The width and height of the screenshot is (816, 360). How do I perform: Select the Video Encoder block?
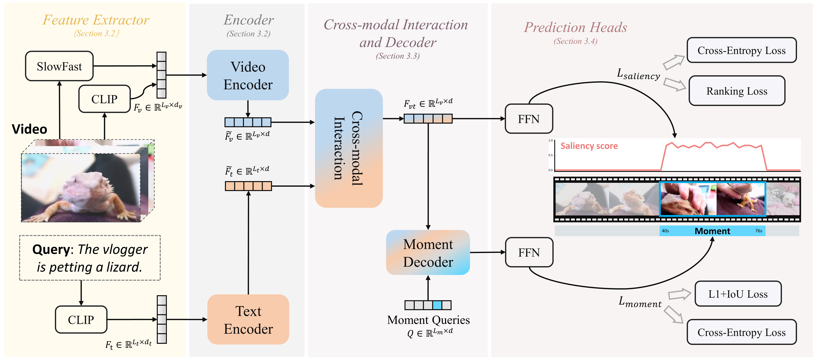tap(248, 75)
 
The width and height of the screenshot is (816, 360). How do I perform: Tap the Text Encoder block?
tap(248, 320)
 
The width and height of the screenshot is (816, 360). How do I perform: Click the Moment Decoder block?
tap(428, 253)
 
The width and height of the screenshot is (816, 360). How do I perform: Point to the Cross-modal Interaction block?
tap(349, 148)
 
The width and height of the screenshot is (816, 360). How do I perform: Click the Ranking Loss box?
tap(737, 91)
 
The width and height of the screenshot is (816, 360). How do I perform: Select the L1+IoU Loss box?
tap(738, 294)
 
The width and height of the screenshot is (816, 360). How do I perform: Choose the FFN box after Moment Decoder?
tap(529, 253)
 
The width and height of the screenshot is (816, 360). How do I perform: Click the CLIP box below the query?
tap(81, 320)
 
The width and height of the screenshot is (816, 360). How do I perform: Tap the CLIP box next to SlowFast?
tap(105, 99)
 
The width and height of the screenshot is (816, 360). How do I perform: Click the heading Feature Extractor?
tap(96, 20)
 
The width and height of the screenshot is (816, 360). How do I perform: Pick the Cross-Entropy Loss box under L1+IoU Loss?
tap(742, 332)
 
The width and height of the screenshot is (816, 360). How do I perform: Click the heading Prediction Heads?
tap(576, 27)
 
